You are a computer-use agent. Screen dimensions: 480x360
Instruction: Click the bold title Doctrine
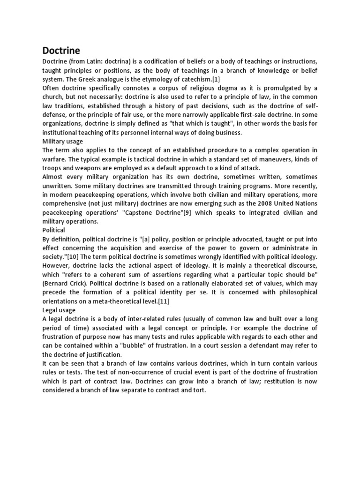pyautogui.click(x=61, y=50)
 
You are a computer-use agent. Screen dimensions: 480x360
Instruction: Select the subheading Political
pyautogui.click(x=54, y=230)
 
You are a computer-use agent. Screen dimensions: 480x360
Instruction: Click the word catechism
pyautogui.click(x=184, y=79)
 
